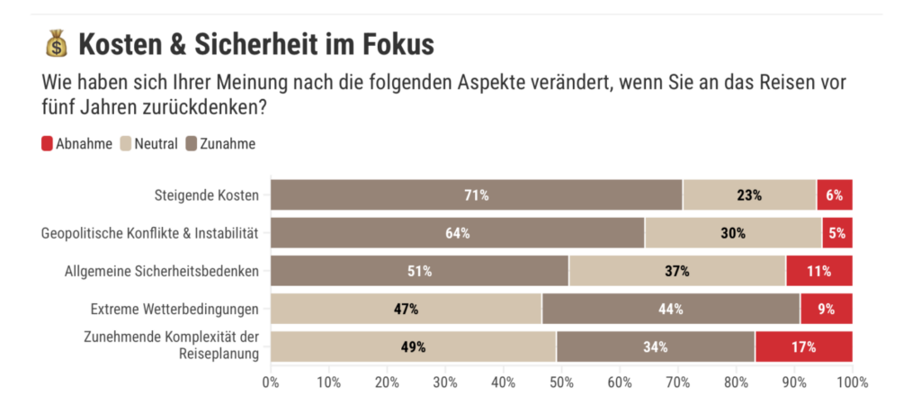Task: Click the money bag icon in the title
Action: click(x=56, y=43)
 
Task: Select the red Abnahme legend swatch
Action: click(x=47, y=143)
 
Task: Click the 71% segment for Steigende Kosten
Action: click(x=476, y=195)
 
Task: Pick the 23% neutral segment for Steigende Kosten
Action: click(x=749, y=195)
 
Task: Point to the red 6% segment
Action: click(x=835, y=195)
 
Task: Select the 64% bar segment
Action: click(x=457, y=233)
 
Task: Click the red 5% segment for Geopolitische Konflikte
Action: click(x=837, y=233)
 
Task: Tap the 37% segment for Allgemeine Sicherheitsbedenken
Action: click(x=676, y=271)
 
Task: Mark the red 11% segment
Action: click(x=819, y=271)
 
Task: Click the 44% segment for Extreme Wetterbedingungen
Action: click(x=670, y=309)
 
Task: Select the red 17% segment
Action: click(x=803, y=346)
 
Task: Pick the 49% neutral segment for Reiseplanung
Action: click(x=413, y=346)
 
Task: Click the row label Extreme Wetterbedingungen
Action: click(x=174, y=309)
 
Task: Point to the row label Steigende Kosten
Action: click(x=206, y=195)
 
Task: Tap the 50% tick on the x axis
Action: click(x=561, y=382)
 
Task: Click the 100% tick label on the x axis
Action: click(x=851, y=382)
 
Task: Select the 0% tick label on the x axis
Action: click(x=271, y=382)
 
